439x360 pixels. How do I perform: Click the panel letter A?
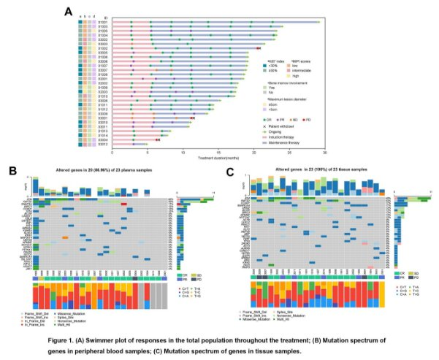coord(68,12)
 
